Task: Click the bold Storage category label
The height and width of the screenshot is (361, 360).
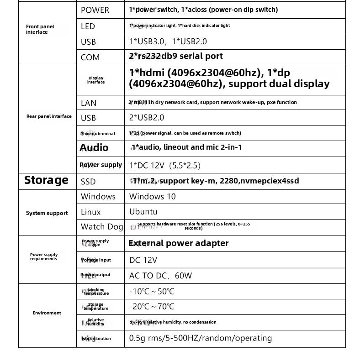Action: (x=46, y=180)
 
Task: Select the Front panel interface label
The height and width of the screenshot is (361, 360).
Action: (x=40, y=29)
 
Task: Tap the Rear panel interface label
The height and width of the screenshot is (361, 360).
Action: (x=49, y=116)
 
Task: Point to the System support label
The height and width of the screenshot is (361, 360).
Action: (x=47, y=213)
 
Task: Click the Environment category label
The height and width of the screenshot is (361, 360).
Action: (x=47, y=313)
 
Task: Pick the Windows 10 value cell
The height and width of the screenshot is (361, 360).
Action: (x=152, y=197)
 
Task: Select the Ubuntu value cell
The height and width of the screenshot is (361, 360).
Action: (x=143, y=212)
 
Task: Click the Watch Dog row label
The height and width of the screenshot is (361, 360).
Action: (x=102, y=226)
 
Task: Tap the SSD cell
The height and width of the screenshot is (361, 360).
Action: (x=88, y=182)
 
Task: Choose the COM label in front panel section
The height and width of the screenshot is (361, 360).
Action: (x=90, y=58)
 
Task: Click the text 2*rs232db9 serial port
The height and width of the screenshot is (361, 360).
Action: (x=176, y=56)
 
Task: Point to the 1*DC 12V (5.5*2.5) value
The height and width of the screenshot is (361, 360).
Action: (x=165, y=165)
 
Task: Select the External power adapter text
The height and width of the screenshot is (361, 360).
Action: (x=178, y=243)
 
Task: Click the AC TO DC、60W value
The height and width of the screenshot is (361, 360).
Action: (x=160, y=276)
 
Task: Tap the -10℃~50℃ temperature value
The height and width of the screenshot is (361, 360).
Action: (x=151, y=292)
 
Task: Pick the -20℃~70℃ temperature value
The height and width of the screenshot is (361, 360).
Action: (x=151, y=307)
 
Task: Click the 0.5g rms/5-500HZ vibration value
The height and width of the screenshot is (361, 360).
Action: (x=200, y=338)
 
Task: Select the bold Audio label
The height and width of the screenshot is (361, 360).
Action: (x=94, y=147)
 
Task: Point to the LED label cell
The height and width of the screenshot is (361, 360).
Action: (x=88, y=26)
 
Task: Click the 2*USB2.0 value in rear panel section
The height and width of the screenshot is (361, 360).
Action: (x=146, y=118)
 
